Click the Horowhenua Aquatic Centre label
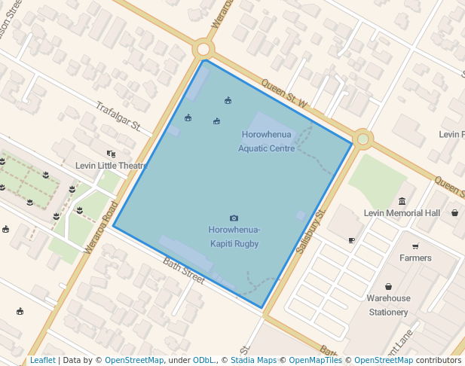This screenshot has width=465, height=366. (x=266, y=142)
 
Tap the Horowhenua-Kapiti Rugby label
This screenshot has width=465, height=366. (x=234, y=236)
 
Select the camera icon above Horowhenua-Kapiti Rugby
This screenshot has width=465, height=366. (x=234, y=218)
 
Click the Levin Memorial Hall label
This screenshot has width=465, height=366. (x=402, y=213)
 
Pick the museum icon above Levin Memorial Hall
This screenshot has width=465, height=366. (x=402, y=201)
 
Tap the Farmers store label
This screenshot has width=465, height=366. (x=415, y=258)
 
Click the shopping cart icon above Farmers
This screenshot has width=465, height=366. (x=415, y=246)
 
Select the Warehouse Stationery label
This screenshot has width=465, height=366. (x=388, y=305)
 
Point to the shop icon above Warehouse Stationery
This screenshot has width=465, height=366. (x=388, y=287)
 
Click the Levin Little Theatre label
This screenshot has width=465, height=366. (x=110, y=166)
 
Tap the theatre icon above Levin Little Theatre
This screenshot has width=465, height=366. (x=111, y=154)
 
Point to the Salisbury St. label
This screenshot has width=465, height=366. (x=310, y=230)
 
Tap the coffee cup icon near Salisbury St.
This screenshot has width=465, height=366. (x=351, y=240)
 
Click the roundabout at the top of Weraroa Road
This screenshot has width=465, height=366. (x=203, y=50)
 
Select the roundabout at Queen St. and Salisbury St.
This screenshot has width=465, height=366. (x=363, y=139)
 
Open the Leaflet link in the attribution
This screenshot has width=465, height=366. (x=42, y=360)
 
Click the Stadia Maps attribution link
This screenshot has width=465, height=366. (x=251, y=360)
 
